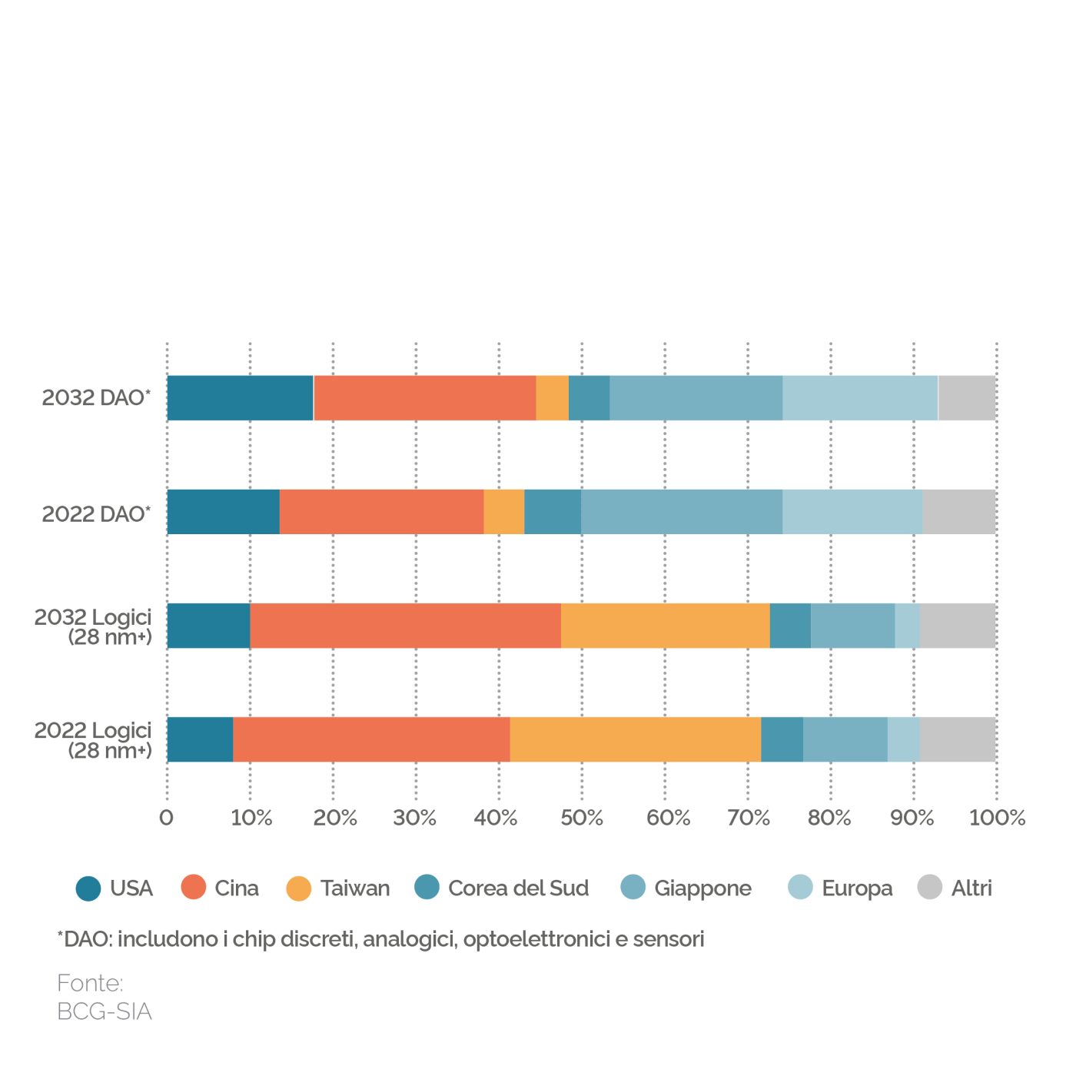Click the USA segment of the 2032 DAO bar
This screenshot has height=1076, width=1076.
tap(240, 398)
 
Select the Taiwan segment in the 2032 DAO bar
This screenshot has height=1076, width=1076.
tap(552, 398)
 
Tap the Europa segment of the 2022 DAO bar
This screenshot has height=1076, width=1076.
tap(852, 512)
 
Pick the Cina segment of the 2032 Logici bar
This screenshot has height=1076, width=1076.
tap(405, 626)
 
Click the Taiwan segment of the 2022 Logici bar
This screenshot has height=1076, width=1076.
tap(635, 739)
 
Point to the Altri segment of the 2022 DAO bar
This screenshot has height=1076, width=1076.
tap(958, 512)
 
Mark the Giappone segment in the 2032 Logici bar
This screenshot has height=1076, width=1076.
tap(852, 626)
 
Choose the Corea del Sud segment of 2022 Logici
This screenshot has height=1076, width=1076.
tap(782, 739)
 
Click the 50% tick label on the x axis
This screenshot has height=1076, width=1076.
tap(582, 818)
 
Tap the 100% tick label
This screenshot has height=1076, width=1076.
tap(997, 818)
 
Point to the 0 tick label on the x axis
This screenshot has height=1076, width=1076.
tap(166, 818)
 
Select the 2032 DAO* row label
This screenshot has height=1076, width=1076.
tap(96, 398)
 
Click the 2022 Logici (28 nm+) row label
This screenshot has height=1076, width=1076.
tap(94, 740)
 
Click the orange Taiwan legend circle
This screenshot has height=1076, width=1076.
tap(298, 888)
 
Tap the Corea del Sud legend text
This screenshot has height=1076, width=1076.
tap(518, 888)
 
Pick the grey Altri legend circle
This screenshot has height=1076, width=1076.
tap(930, 888)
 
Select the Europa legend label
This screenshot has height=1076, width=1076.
tap(857, 888)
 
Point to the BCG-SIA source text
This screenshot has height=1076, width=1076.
tap(105, 1011)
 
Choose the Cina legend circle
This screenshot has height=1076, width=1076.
tap(194, 888)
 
